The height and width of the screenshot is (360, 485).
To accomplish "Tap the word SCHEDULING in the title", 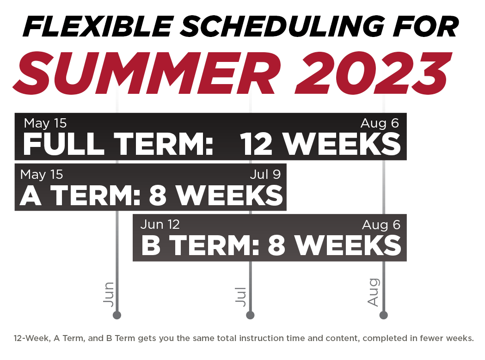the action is [x=282, y=27].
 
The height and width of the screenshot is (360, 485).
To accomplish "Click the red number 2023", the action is [x=373, y=73].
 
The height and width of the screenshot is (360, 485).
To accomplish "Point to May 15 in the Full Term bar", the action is [x=45, y=123].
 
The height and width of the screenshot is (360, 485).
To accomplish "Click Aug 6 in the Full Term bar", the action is [x=380, y=123].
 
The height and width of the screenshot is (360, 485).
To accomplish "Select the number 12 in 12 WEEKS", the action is [x=256, y=144].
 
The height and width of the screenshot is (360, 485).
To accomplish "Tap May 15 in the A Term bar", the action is [x=42, y=174].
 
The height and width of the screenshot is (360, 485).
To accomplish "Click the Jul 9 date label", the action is [x=265, y=174].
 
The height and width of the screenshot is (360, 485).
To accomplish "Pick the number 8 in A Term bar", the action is [x=158, y=195].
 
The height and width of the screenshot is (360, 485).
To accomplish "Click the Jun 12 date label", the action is [x=160, y=225].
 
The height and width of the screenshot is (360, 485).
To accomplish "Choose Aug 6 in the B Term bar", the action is [x=381, y=225].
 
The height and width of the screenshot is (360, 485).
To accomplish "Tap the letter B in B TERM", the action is [x=151, y=245].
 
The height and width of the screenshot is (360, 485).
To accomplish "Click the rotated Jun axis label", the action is [x=109, y=294].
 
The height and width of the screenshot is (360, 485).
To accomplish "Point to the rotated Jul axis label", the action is [x=240, y=297].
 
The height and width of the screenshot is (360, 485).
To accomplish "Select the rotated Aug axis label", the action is [x=374, y=292].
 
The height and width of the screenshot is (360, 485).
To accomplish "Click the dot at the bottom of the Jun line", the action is [x=117, y=315].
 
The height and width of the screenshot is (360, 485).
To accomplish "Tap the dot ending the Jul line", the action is [x=250, y=315].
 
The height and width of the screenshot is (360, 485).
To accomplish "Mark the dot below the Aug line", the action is [x=384, y=315].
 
